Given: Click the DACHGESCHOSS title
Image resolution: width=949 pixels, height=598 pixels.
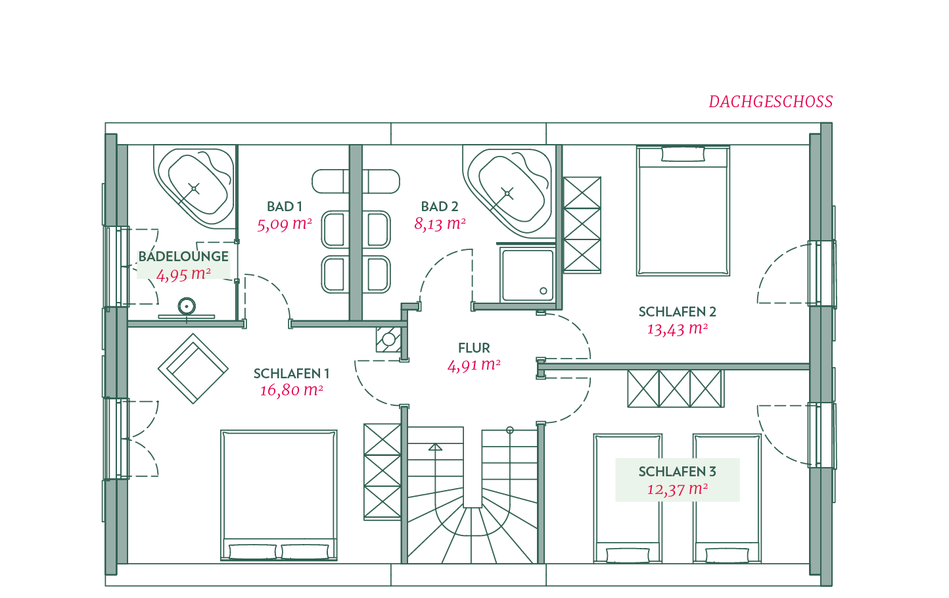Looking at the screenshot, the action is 771,102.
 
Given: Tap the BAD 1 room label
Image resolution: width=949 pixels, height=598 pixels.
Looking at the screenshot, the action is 285,207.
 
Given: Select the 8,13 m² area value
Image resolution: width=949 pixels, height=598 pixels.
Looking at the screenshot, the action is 440,224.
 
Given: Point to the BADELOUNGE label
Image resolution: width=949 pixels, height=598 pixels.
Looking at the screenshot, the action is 183,256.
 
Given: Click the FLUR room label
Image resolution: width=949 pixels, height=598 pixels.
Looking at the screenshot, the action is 474,348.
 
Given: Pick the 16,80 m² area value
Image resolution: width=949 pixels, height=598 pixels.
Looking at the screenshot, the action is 292,389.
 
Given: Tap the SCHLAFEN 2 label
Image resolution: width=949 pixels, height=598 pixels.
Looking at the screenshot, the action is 677,312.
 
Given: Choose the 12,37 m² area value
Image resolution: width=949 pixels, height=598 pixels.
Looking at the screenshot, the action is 677,489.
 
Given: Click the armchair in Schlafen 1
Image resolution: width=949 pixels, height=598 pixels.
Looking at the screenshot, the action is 193,368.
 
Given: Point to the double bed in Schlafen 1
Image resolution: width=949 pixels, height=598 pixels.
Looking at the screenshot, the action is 279,495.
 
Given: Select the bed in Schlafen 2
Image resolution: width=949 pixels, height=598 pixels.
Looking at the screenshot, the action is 683,211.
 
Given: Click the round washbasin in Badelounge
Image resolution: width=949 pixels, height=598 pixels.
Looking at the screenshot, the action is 187,306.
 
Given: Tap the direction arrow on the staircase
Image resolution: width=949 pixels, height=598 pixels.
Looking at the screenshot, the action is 435,447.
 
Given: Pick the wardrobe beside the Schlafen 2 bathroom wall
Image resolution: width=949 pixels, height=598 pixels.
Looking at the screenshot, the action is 582,224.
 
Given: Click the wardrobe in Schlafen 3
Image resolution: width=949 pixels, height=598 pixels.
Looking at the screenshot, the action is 676,389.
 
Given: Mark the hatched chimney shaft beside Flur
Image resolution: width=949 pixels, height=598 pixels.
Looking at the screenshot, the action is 389,339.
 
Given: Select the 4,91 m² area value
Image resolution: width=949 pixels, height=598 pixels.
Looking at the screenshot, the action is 474,365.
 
